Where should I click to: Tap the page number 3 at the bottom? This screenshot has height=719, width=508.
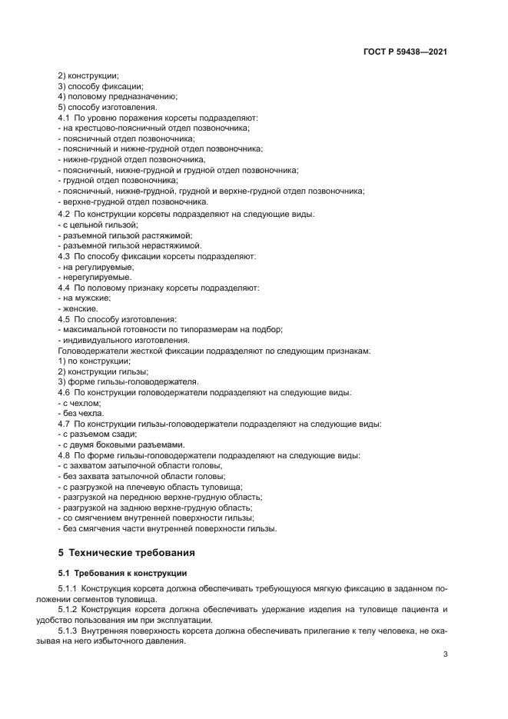(446, 654)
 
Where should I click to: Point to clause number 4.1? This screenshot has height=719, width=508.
(65, 118)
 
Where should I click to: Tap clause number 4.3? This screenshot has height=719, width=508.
(65, 255)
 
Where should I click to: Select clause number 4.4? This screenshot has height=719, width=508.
(65, 287)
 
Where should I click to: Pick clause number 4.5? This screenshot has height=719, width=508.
(65, 318)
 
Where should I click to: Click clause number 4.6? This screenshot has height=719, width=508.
(65, 392)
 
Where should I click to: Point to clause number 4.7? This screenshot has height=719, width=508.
(65, 424)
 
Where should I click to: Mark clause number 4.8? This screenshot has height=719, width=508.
(65, 455)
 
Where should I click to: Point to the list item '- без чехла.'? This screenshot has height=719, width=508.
(81, 414)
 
